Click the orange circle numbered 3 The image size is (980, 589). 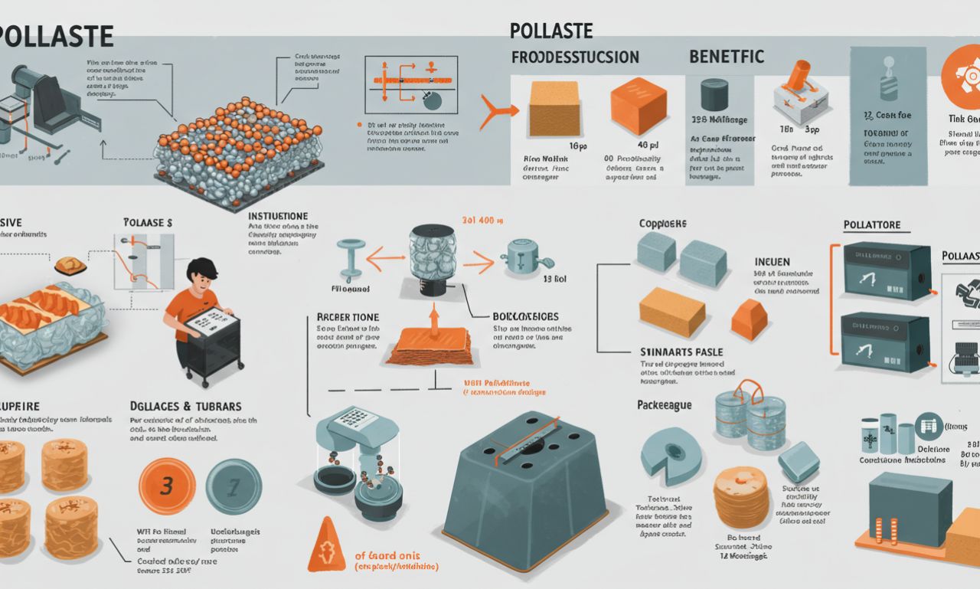click(168, 486)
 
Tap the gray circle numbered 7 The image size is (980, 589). click(234, 486)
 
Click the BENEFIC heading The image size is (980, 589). click(726, 57)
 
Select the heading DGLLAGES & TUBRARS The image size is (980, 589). click(186, 405)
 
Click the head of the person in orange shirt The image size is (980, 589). click(206, 274)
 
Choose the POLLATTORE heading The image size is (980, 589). click(871, 225)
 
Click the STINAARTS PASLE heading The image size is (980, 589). click(681, 352)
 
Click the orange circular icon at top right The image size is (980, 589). click(962, 70)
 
